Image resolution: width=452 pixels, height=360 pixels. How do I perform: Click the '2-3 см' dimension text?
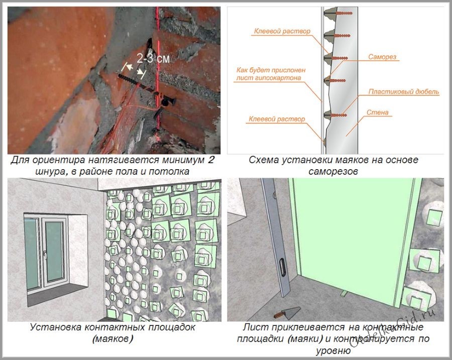click(x=153, y=59)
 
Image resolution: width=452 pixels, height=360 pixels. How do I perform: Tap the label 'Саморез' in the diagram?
click(x=382, y=57)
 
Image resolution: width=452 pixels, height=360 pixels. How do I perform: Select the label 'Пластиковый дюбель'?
click(x=404, y=92)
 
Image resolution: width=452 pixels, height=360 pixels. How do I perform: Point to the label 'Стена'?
click(x=377, y=112)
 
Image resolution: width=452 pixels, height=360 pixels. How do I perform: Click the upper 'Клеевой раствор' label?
click(x=282, y=31)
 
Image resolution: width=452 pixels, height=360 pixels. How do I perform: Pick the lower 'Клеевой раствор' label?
click(x=276, y=119)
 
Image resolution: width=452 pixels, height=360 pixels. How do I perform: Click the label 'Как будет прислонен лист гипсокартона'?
click(x=271, y=74)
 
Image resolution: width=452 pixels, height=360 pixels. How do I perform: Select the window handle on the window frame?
click(x=45, y=255)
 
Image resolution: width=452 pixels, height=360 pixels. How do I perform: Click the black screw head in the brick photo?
click(x=168, y=101)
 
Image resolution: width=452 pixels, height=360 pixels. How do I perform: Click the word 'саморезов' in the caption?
click(x=333, y=171)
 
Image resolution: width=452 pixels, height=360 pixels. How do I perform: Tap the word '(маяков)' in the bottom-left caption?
click(x=112, y=339)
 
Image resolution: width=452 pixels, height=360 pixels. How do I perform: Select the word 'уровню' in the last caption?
click(x=333, y=350)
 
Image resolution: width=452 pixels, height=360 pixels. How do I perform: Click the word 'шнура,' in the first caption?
click(x=52, y=172)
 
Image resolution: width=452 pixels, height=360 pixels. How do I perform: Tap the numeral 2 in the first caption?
click(x=211, y=160)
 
